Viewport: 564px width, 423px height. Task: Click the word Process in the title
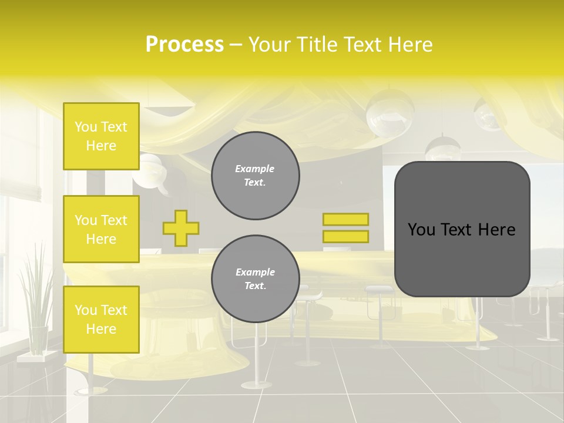tap(184, 44)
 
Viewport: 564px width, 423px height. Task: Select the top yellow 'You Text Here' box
tap(101, 136)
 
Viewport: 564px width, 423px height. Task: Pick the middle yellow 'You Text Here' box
tap(101, 229)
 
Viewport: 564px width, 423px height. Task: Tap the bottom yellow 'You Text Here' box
tap(101, 320)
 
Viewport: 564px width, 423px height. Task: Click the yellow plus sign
tap(181, 228)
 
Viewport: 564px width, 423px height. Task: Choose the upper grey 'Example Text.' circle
tap(255, 176)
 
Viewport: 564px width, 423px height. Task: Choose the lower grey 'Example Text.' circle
tap(255, 279)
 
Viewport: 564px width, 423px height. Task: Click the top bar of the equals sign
tap(345, 219)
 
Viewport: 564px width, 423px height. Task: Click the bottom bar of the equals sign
tap(345, 236)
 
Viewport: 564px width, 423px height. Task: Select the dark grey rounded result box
tap(462, 229)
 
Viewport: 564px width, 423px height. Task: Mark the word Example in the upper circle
tap(255, 169)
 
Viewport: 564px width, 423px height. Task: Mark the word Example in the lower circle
tap(255, 272)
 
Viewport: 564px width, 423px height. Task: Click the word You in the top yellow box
tap(86, 127)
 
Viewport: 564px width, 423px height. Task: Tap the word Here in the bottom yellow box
tap(101, 329)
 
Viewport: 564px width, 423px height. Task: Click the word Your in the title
tap(270, 44)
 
